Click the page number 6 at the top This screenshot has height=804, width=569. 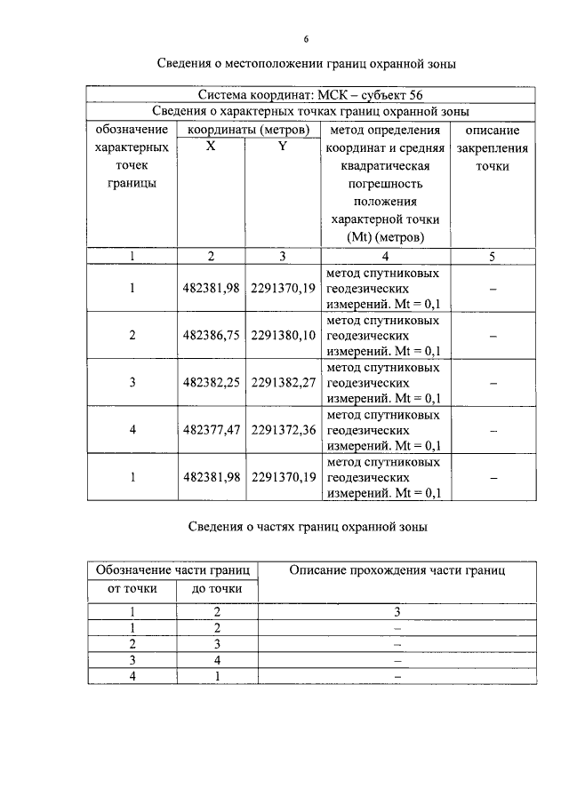[305, 40]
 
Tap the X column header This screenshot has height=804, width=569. [211, 147]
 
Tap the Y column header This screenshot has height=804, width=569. [282, 147]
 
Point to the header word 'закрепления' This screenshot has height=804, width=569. [492, 148]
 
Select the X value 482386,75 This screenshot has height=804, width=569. [211, 337]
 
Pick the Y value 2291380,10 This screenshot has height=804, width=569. [284, 337]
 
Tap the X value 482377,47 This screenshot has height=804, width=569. [211, 430]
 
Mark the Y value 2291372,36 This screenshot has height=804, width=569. [284, 430]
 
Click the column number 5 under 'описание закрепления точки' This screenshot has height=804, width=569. [492, 256]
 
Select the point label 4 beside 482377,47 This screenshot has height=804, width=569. [132, 430]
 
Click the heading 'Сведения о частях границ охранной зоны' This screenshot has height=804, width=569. [308, 527]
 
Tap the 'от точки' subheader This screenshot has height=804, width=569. [132, 588]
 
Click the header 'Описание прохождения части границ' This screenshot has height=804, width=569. [397, 570]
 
